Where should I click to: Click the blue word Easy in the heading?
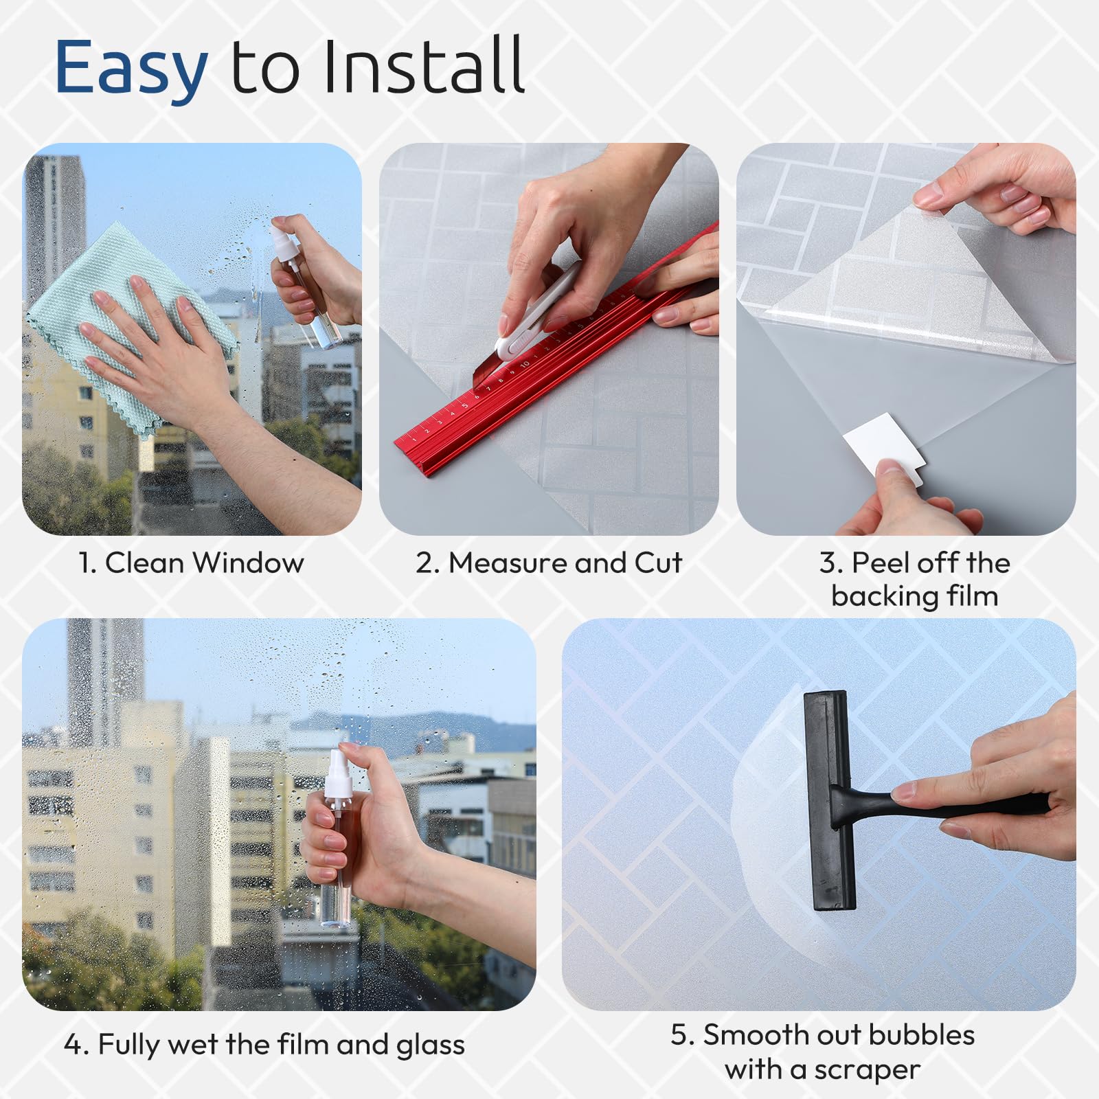[x=131, y=67]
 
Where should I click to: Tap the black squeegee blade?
[x=829, y=800]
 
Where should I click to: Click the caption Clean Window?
[x=204, y=563]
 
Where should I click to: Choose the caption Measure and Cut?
[x=565, y=563]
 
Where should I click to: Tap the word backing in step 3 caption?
[x=885, y=596]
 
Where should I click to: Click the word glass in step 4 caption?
[x=431, y=1045]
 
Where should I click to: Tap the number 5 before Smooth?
[x=679, y=1035]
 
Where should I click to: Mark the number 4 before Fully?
[x=73, y=1045]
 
